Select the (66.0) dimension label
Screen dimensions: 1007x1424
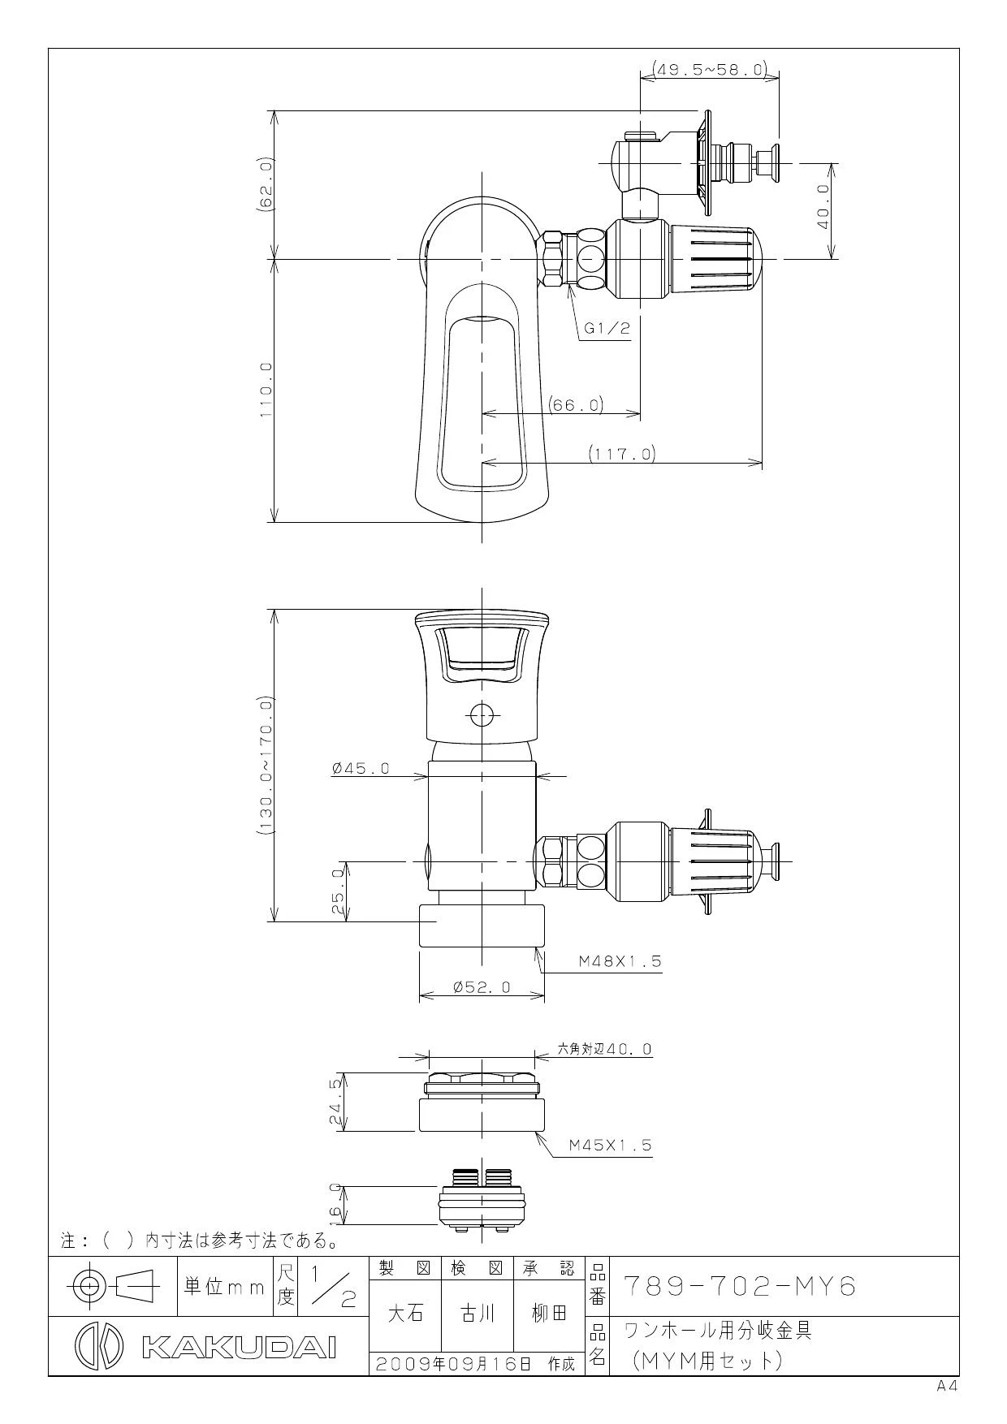click(575, 403)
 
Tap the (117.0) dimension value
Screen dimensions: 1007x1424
click(622, 454)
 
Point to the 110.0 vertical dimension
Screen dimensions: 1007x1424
click(266, 391)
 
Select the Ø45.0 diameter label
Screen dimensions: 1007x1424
click(361, 768)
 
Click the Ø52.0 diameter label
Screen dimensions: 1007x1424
click(482, 986)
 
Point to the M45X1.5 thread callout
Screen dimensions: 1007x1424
click(610, 1145)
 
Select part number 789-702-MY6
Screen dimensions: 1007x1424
click(740, 1287)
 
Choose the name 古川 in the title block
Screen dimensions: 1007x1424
click(477, 1314)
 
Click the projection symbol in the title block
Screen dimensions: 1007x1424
click(114, 1285)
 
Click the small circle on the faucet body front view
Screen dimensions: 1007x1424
click(482, 714)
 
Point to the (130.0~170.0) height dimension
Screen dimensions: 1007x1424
click(266, 766)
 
